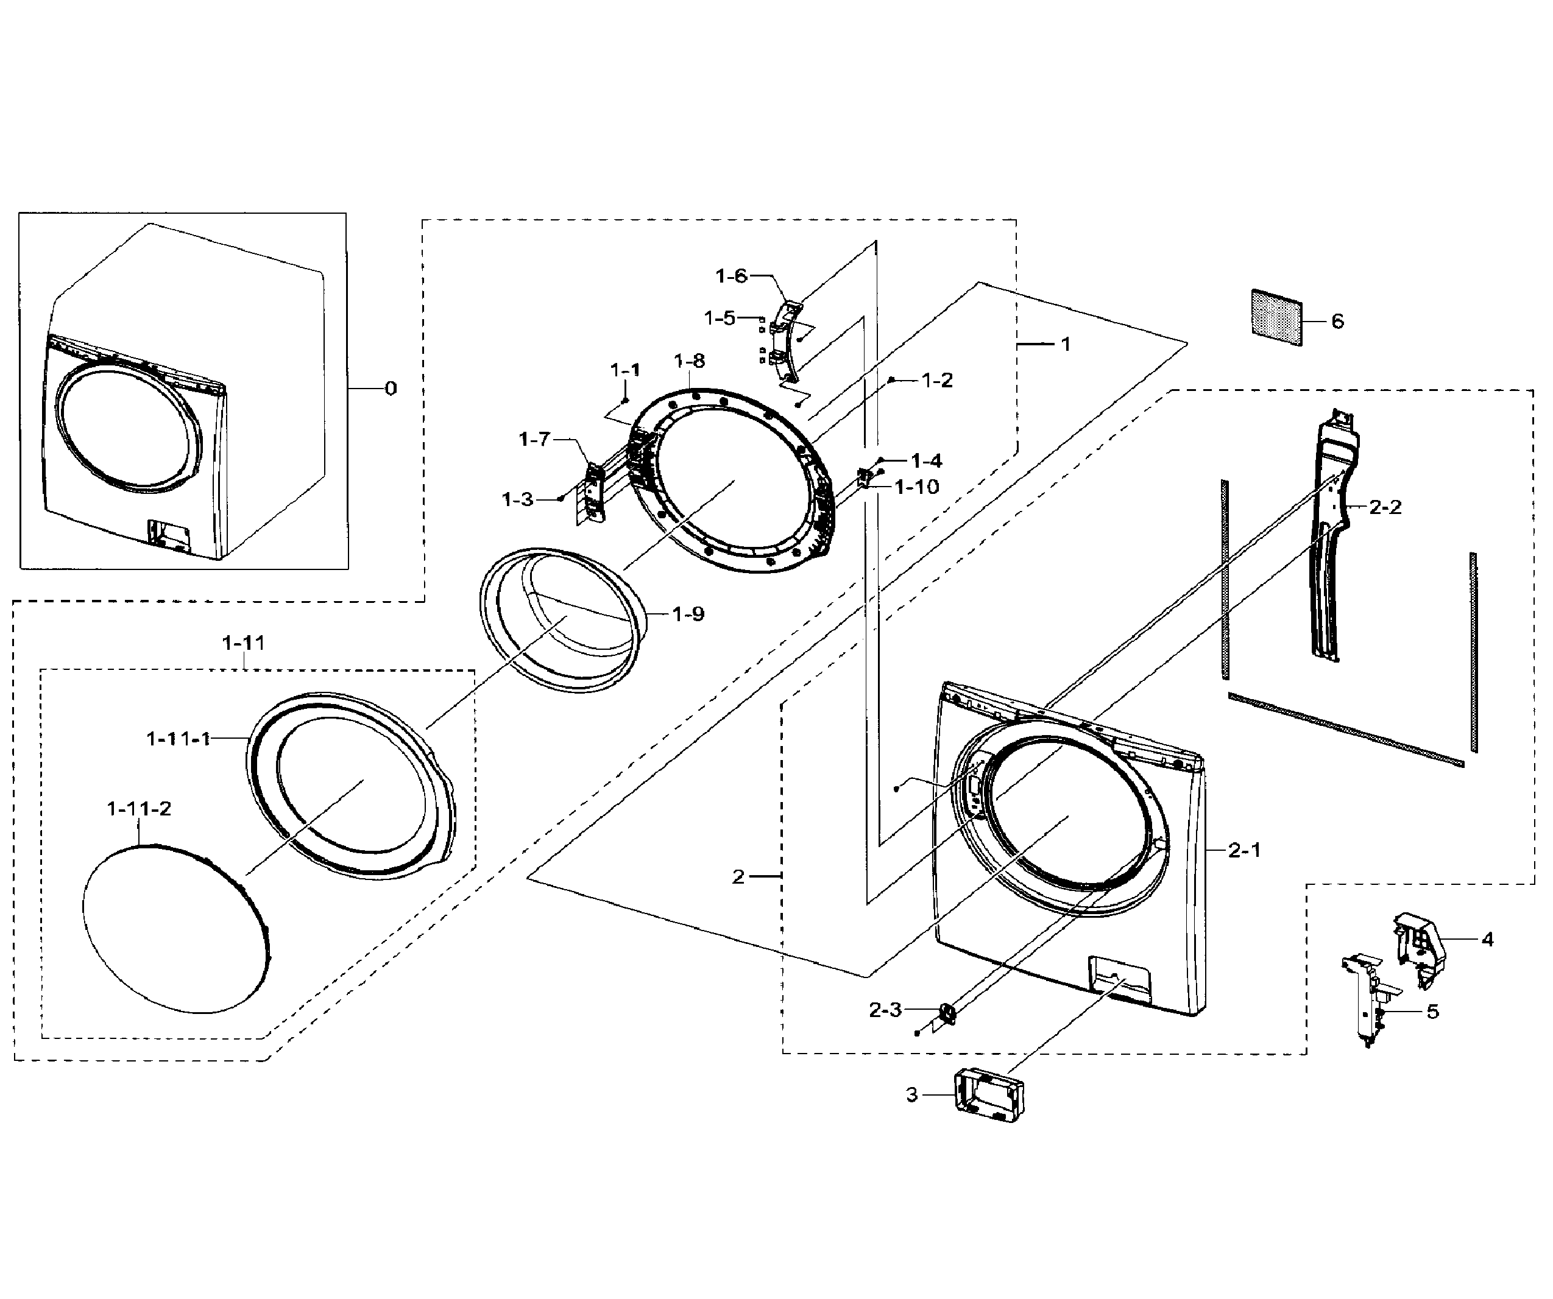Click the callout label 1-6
(x=731, y=276)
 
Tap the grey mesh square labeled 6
(x=1276, y=317)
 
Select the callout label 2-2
(x=1384, y=507)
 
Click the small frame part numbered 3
(x=989, y=1096)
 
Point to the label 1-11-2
(x=139, y=809)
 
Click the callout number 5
(x=1432, y=1012)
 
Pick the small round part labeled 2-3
(x=947, y=1012)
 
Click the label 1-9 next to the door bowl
(x=688, y=614)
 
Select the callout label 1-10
(x=916, y=487)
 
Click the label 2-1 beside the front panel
(x=1244, y=851)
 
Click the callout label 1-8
(x=688, y=361)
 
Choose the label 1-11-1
(x=179, y=739)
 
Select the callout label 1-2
(x=936, y=380)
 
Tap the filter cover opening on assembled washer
(x=169, y=534)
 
